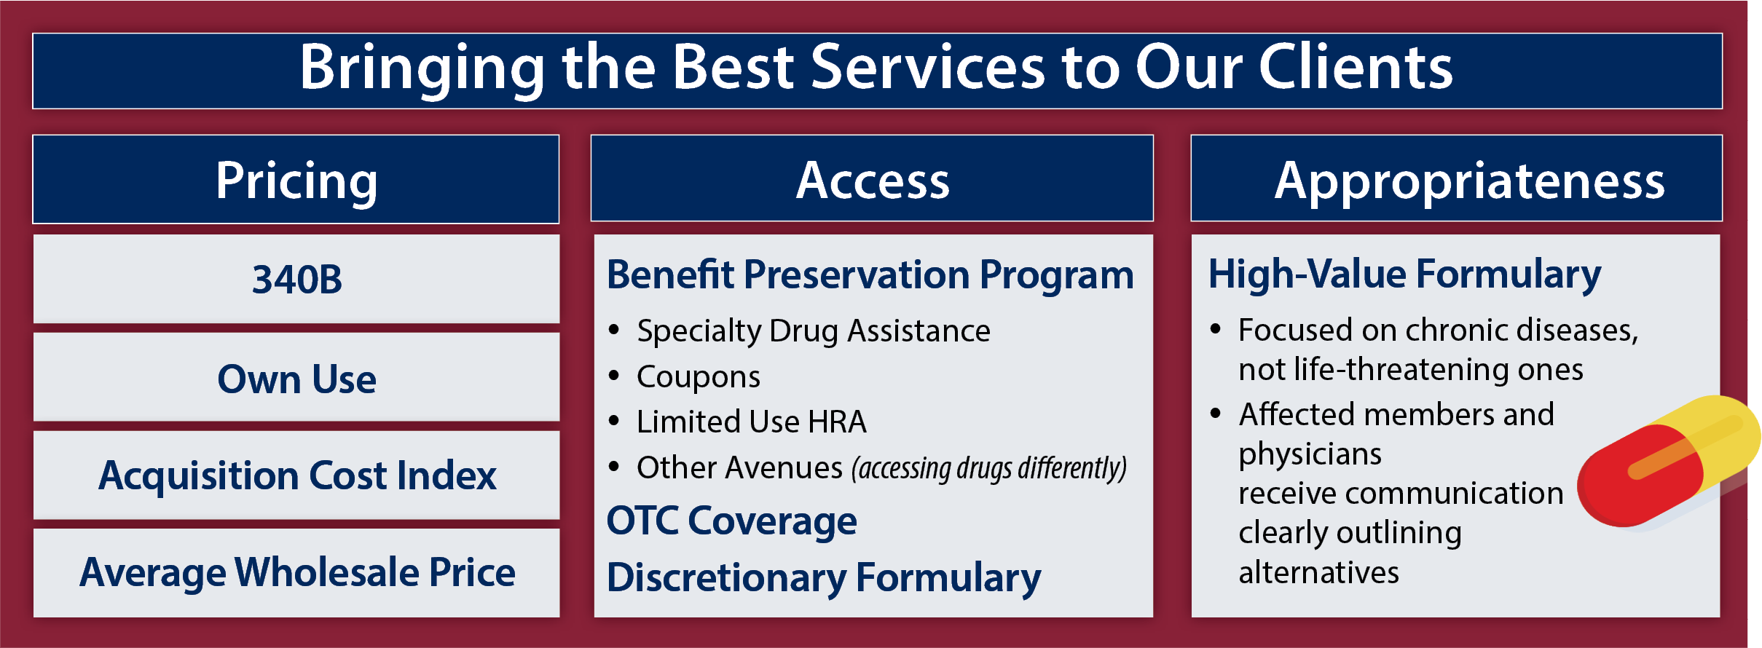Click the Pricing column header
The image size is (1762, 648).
[296, 179]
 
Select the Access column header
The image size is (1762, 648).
[872, 178]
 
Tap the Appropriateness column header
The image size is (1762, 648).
[1457, 178]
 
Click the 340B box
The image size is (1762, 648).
[296, 279]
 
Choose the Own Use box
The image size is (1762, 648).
[296, 377]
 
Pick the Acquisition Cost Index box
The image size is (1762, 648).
[296, 475]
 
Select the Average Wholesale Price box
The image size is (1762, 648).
[296, 573]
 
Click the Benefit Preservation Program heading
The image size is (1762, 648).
[870, 275]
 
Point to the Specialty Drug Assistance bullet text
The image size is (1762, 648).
[814, 331]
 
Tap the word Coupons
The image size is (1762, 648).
[699, 377]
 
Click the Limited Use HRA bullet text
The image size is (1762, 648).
[752, 422]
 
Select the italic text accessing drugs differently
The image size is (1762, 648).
[989, 468]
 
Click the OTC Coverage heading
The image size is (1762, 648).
[732, 521]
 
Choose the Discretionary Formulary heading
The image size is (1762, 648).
[824, 578]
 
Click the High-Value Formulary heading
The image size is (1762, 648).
[1404, 275]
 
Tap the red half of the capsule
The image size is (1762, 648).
[1639, 477]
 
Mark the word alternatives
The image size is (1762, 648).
[1319, 573]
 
